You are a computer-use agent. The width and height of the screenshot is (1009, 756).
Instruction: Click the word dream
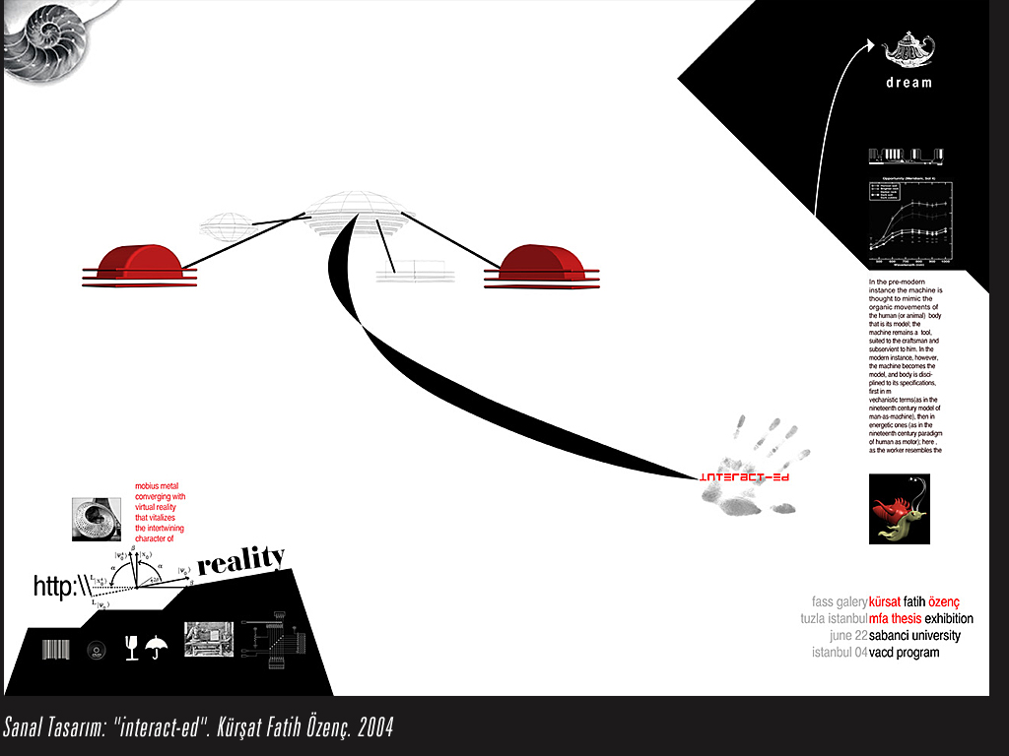pyautogui.click(x=908, y=83)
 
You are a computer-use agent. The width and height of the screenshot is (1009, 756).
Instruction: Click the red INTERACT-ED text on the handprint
pyautogui.click(x=745, y=477)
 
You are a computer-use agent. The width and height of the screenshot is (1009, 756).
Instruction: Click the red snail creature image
pyautogui.click(x=899, y=509)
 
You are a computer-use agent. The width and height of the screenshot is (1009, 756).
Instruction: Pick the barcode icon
pyautogui.click(x=57, y=649)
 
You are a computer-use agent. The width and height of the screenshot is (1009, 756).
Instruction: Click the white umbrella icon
pyautogui.click(x=156, y=647)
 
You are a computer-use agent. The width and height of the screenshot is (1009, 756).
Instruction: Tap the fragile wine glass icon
pyautogui.click(x=131, y=647)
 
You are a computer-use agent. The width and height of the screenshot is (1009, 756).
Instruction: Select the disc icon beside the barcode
pyautogui.click(x=96, y=649)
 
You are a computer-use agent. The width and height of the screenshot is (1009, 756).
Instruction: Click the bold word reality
pyautogui.click(x=241, y=561)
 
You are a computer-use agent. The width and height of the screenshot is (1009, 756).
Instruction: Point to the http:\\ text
pyautogui.click(x=61, y=588)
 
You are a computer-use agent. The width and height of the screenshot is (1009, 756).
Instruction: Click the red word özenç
pyautogui.click(x=943, y=601)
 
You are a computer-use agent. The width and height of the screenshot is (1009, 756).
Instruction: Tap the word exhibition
pyautogui.click(x=949, y=618)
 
